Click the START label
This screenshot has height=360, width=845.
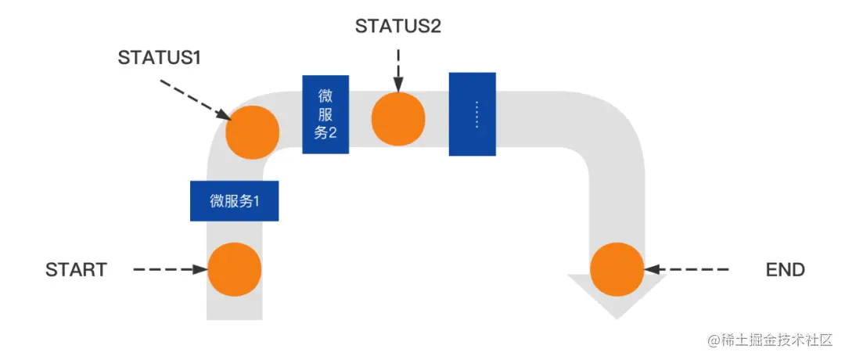click(x=76, y=270)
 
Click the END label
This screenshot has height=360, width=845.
click(x=785, y=270)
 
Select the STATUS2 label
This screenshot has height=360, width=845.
click(x=398, y=26)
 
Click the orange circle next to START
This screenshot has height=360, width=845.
click(x=235, y=269)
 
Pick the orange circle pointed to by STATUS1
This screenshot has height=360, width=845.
click(x=252, y=132)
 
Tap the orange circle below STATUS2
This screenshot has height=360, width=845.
click(x=398, y=119)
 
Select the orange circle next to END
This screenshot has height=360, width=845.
click(x=617, y=269)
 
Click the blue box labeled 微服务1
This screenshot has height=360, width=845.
click(x=234, y=200)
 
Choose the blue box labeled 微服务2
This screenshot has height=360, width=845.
click(x=325, y=114)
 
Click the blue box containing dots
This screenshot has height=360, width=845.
click(x=472, y=114)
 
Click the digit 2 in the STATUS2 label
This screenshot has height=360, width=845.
click(x=436, y=26)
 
